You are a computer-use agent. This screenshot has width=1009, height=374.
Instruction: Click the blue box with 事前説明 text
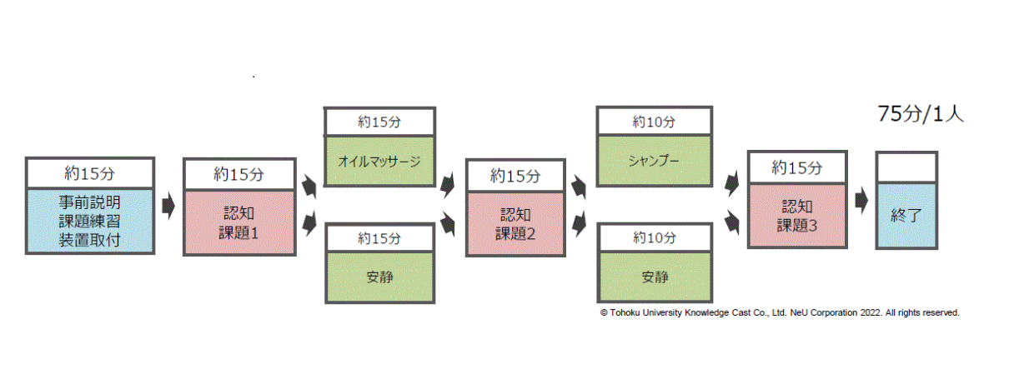[x=90, y=221]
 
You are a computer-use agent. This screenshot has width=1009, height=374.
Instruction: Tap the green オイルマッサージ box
[x=379, y=161]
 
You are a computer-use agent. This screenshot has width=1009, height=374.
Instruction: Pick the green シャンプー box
[x=654, y=160]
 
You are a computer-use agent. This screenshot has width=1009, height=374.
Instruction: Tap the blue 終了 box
[x=906, y=214]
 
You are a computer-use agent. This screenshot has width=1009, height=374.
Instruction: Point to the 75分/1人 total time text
[x=921, y=115]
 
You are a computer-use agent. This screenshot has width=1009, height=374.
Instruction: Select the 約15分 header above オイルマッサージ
[x=379, y=122]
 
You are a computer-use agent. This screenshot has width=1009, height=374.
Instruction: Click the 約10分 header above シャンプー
[x=654, y=122]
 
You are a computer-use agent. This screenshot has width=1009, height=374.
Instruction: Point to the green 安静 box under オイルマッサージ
[x=379, y=276]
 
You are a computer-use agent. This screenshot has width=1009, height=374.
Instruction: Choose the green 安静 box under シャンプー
[x=654, y=276]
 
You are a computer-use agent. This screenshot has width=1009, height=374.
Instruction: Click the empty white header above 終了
[x=906, y=165]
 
